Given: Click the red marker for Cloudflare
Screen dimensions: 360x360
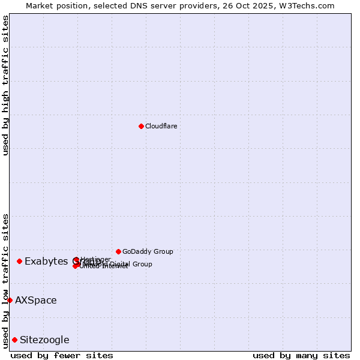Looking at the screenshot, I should pyautogui.click(x=141, y=126).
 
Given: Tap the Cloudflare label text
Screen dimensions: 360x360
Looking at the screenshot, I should pyautogui.click(x=161, y=126).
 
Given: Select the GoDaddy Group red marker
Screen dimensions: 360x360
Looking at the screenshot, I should pyautogui.click(x=118, y=251).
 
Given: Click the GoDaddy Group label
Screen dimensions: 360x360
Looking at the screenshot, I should pyautogui.click(x=148, y=251).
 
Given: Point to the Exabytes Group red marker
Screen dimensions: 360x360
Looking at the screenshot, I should pyautogui.click(x=20, y=261).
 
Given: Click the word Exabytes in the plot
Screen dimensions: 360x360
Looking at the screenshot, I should pyautogui.click(x=46, y=262).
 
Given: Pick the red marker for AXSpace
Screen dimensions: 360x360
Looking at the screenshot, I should pyautogui.click(x=10, y=300).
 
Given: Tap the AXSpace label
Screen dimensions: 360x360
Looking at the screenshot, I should pyautogui.click(x=36, y=300).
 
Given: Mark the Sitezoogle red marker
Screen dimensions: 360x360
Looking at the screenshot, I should pyautogui.click(x=15, y=340).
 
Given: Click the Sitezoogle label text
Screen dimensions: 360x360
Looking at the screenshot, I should pyautogui.click(x=44, y=340).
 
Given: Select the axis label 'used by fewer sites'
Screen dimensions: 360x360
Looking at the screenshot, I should pyautogui.click(x=62, y=355).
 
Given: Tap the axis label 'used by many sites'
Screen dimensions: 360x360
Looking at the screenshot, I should pyautogui.click(x=301, y=355).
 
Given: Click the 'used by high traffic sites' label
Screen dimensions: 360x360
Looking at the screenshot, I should pyautogui.click(x=5, y=85).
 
